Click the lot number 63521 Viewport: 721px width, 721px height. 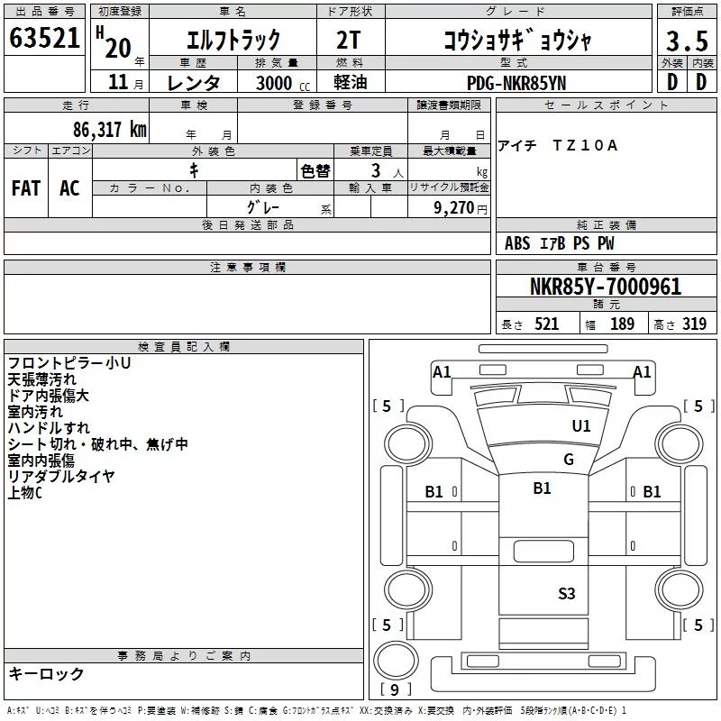[x=44, y=38]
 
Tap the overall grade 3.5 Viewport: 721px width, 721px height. [x=687, y=41]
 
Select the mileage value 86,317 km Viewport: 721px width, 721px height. [x=109, y=130]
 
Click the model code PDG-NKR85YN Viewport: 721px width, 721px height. [x=516, y=83]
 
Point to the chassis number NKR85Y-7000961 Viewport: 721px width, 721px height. [x=606, y=287]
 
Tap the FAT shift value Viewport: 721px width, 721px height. [x=26, y=188]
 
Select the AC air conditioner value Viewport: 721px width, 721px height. [x=69, y=188]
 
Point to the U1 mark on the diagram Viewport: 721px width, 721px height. [x=581, y=425]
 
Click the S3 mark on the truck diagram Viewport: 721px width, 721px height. [x=567, y=594]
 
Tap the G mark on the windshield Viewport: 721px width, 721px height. [x=569, y=460]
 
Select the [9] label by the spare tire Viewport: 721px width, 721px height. [x=396, y=689]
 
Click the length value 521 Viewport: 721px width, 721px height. [x=546, y=324]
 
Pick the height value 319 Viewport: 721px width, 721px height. [x=694, y=324]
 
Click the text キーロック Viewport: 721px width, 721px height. [x=46, y=674]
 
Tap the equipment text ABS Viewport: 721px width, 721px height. [x=517, y=243]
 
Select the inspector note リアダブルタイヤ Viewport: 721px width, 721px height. [x=60, y=477]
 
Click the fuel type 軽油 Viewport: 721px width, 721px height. [x=351, y=82]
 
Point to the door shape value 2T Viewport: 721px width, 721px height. [x=348, y=40]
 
